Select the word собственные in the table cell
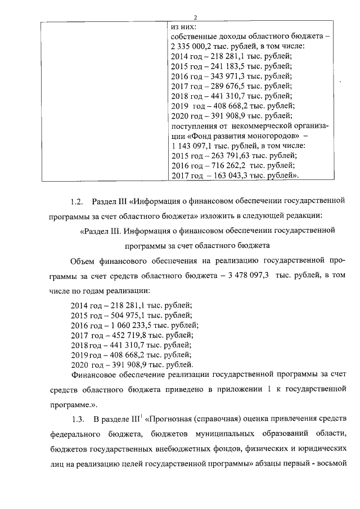click(194, 35)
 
